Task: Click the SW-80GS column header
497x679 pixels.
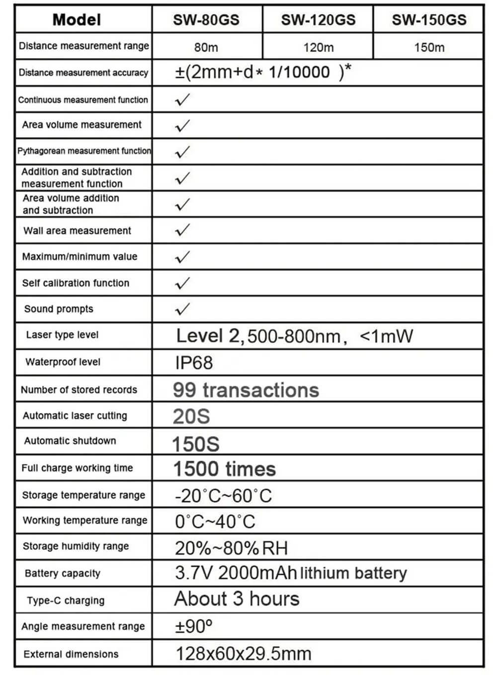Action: click(206, 20)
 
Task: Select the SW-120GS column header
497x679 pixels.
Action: click(318, 20)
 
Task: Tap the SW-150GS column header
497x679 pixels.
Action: click(429, 20)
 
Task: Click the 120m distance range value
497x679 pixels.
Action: click(318, 48)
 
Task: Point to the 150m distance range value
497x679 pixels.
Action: click(429, 48)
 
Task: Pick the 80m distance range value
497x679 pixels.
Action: click(206, 48)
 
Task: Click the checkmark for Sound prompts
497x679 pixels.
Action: click(182, 309)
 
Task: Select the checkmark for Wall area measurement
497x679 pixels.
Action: click(182, 230)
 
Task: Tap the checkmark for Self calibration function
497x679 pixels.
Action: click(182, 283)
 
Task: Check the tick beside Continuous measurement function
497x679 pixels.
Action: click(182, 100)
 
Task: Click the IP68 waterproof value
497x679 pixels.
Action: click(194, 363)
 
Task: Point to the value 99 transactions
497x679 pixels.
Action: click(246, 390)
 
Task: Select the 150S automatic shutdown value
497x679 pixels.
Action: click(195, 444)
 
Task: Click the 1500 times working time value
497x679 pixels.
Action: click(224, 469)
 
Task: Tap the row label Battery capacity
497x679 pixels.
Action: click(63, 573)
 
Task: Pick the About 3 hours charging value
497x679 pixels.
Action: click(237, 599)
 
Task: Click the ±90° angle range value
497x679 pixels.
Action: click(193, 626)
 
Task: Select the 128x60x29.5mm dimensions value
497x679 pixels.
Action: click(243, 654)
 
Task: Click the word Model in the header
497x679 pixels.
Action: click(77, 20)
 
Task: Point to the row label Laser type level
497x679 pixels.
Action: click(63, 335)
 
